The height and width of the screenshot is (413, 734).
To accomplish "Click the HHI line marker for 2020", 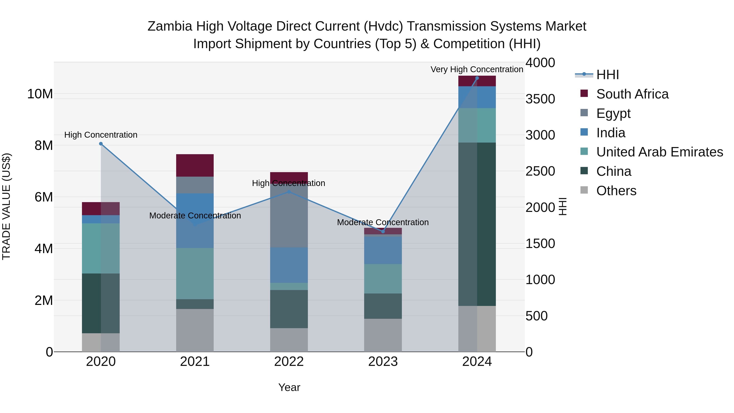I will [x=101, y=144].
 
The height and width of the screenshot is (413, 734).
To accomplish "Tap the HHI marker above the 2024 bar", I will [x=477, y=78].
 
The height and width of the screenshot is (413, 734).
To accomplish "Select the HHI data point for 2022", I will [x=289, y=192].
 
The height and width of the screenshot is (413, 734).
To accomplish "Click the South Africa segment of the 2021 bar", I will [x=195, y=165].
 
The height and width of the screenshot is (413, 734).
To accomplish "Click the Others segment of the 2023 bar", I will [x=383, y=335].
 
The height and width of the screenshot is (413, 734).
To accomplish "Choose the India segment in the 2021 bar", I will [x=195, y=221].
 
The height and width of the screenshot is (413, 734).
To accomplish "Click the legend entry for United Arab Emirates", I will [x=659, y=152].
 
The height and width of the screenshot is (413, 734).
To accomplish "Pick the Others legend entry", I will [x=616, y=191].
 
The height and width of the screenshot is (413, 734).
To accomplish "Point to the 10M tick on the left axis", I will [x=40, y=94].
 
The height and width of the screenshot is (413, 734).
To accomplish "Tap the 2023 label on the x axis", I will [x=383, y=362].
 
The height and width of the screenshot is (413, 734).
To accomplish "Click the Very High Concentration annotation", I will [x=477, y=69].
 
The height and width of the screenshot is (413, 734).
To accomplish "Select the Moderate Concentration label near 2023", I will [x=383, y=222].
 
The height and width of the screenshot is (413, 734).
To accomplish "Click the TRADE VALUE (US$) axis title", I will [x=6, y=206].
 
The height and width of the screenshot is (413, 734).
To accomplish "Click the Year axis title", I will [x=289, y=387].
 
